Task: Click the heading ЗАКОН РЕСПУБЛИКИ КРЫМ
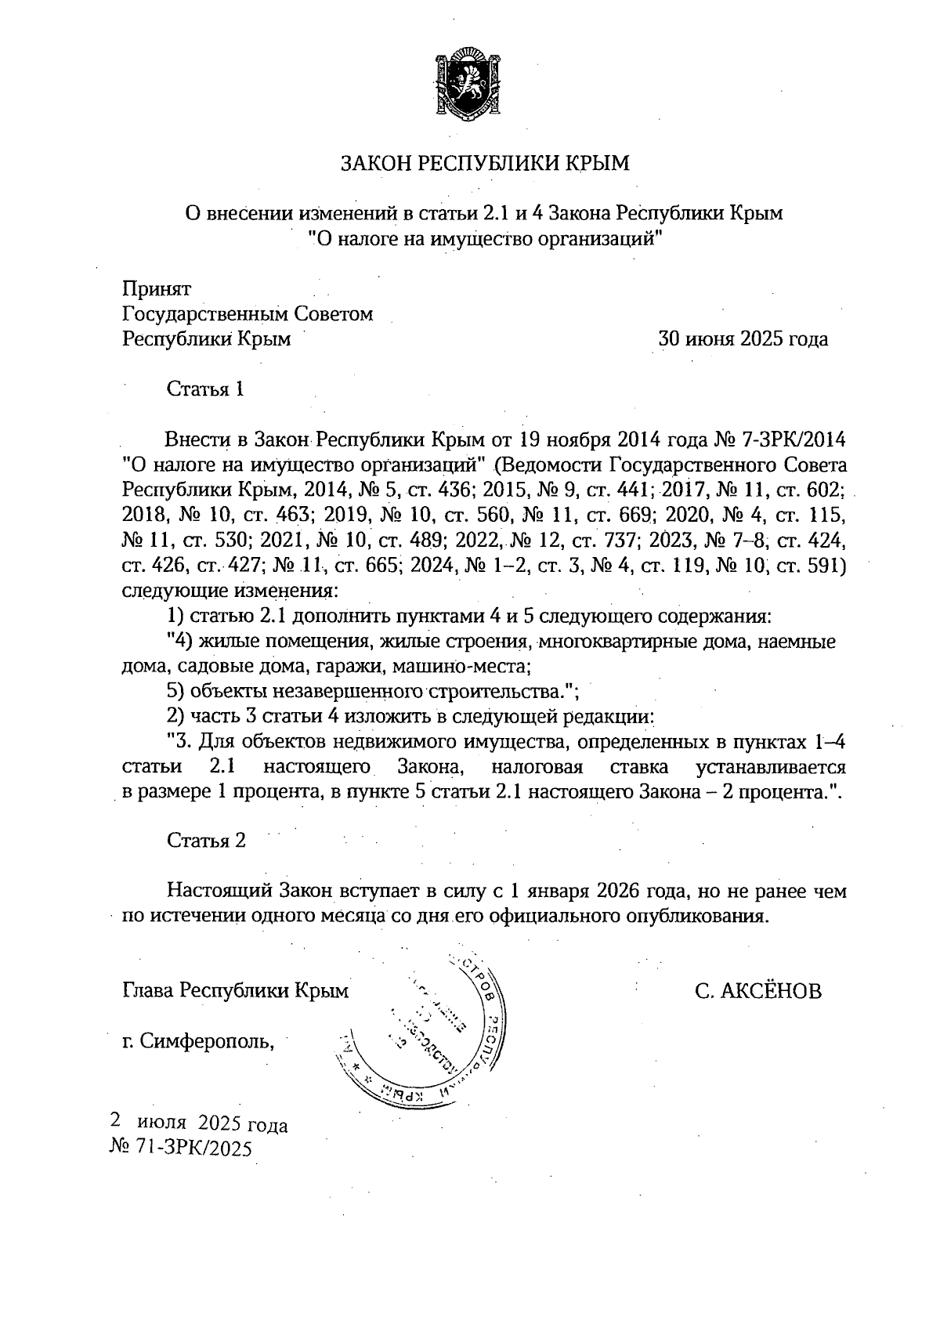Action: [484, 164]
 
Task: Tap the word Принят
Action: [157, 288]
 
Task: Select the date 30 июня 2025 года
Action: [743, 339]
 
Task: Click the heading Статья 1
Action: [206, 389]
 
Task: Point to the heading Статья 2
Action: [207, 841]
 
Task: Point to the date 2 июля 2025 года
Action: [200, 1125]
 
